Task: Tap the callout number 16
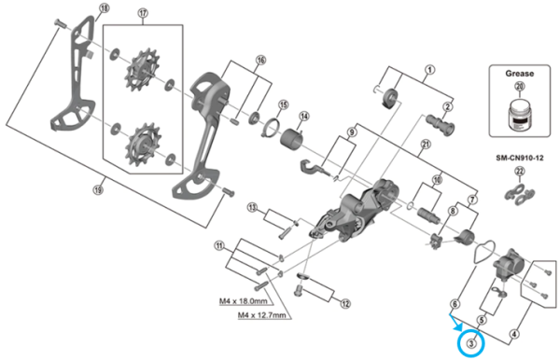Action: (260, 60)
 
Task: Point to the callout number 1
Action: (430, 69)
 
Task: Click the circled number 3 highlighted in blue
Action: (472, 344)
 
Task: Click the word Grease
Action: (520, 69)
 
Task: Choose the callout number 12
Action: (344, 303)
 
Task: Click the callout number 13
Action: (252, 206)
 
